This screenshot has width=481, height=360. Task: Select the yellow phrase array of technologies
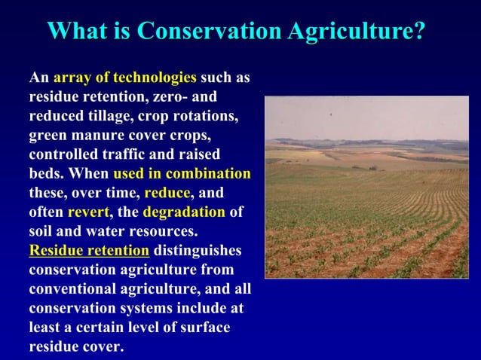[x=125, y=78]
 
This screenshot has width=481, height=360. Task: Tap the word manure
[x=97, y=137]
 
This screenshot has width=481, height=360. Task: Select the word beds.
[x=45, y=173]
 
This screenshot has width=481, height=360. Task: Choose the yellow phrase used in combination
[x=182, y=173]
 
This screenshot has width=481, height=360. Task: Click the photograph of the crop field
[x=366, y=187]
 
